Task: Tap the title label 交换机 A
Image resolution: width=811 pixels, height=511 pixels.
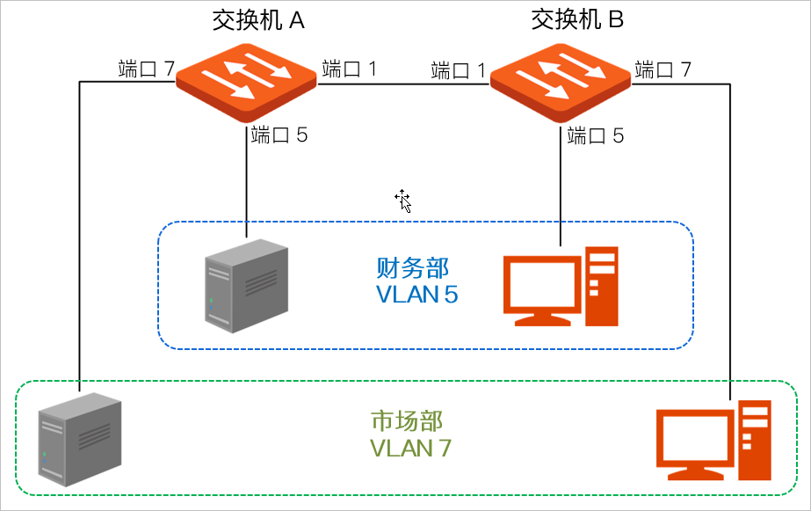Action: coord(257,20)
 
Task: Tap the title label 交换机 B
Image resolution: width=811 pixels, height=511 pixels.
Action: coord(577,20)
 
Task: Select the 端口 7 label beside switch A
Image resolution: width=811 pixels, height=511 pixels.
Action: coord(147,69)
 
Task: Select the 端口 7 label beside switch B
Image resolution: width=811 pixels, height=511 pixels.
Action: coord(663,69)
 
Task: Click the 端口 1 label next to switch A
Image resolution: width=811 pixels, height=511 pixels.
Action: coord(350,69)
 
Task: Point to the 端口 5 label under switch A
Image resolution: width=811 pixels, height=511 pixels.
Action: coord(279,135)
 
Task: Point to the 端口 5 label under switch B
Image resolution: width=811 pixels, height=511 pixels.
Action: coord(596,135)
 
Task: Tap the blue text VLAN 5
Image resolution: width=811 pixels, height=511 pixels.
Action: coord(417,295)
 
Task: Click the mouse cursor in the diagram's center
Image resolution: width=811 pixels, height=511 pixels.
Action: coord(403,201)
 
